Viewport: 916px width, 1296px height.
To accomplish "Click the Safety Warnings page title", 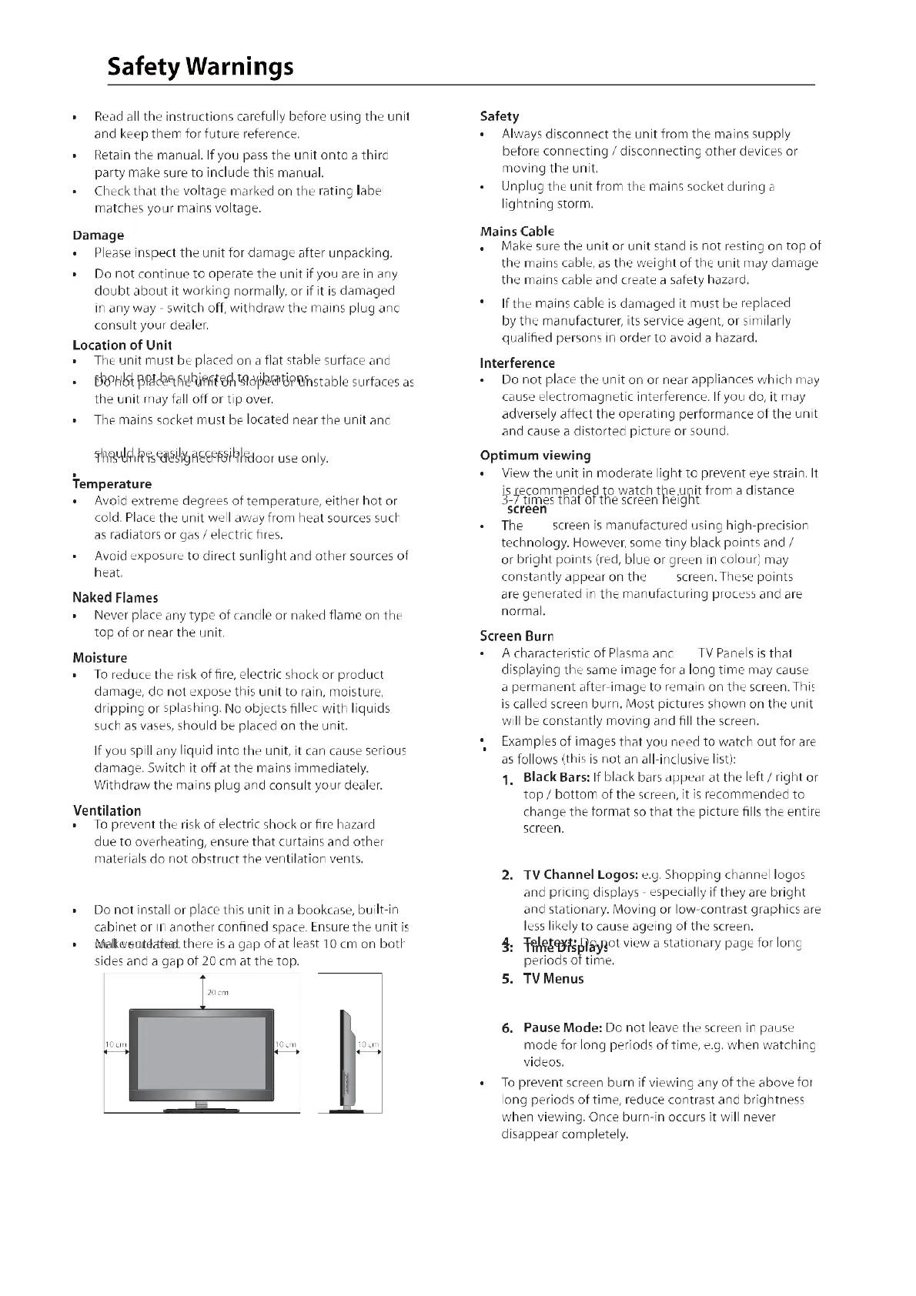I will tap(200, 66).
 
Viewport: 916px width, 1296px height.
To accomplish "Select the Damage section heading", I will tap(98, 235).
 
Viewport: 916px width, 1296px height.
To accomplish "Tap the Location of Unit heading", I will tap(122, 345).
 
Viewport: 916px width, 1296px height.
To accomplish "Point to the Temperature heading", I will tap(112, 484).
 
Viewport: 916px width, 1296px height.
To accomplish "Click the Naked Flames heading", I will tap(115, 597).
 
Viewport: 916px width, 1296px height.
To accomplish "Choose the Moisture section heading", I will tap(99, 657).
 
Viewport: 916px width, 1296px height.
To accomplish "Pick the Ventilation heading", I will tap(106, 810).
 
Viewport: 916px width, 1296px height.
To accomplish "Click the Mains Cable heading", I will tap(517, 231).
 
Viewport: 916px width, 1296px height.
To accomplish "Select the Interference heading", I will tap(517, 362).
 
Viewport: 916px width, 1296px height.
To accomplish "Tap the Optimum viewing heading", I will tap(535, 455).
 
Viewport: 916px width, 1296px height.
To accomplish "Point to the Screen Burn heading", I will tap(516, 636).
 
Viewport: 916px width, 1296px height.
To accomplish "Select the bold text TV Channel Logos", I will tap(580, 875).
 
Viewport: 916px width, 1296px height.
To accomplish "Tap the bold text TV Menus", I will tap(553, 979).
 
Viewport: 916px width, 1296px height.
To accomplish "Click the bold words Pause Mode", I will tap(562, 1028).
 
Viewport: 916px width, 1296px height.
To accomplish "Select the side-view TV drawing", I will tap(346, 1062).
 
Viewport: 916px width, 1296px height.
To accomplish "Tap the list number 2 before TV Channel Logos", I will tap(507, 875).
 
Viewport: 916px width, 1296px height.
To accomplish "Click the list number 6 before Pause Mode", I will tap(507, 1028).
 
